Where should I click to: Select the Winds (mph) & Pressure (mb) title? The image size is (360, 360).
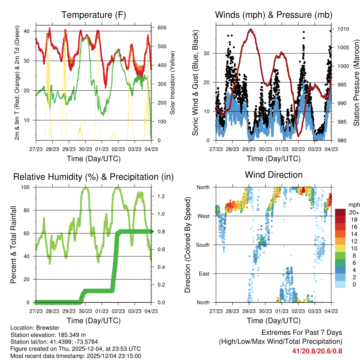[274, 15]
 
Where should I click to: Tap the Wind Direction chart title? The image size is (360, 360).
[274, 175]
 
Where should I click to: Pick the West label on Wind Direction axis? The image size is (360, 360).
[204, 216]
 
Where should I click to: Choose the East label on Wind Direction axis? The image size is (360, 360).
[204, 274]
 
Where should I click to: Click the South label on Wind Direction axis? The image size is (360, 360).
[203, 245]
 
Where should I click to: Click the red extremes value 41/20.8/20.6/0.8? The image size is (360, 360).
[317, 351]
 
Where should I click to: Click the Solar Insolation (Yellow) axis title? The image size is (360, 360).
[173, 83]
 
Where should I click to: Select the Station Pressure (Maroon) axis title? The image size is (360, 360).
[356, 83]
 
